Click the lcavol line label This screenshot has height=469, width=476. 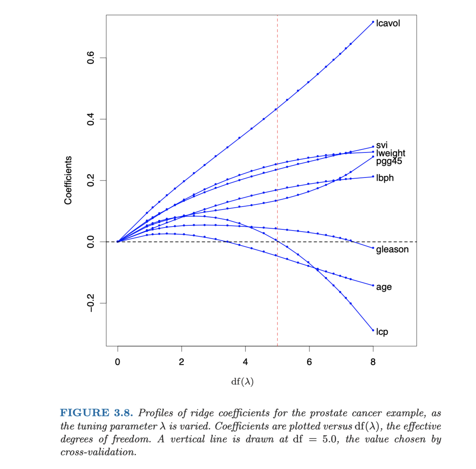pos(388,23)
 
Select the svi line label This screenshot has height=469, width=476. pos(382,145)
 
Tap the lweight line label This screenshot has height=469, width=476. pos(391,153)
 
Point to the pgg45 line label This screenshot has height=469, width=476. pos(389,161)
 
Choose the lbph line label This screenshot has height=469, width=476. pos(385,178)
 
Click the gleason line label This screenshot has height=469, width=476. pos(392,249)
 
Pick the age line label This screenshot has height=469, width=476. pos(384,287)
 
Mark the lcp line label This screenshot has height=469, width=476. pos(382,332)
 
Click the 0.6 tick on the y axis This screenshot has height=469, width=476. pos(91,58)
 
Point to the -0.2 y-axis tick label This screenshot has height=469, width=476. pos(91,303)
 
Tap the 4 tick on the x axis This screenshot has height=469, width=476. pos(245,362)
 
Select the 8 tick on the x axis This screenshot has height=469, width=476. pos(373,362)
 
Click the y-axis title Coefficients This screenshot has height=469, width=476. pos(68,180)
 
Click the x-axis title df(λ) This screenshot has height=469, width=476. pos(242,381)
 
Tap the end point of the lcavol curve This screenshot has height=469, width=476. pos(373,22)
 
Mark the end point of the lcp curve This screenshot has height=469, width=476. pos(373,330)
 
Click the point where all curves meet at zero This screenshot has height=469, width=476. pos(118,241)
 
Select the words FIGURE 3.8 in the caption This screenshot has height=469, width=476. pos(96,413)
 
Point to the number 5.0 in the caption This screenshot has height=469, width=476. pos(330,439)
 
